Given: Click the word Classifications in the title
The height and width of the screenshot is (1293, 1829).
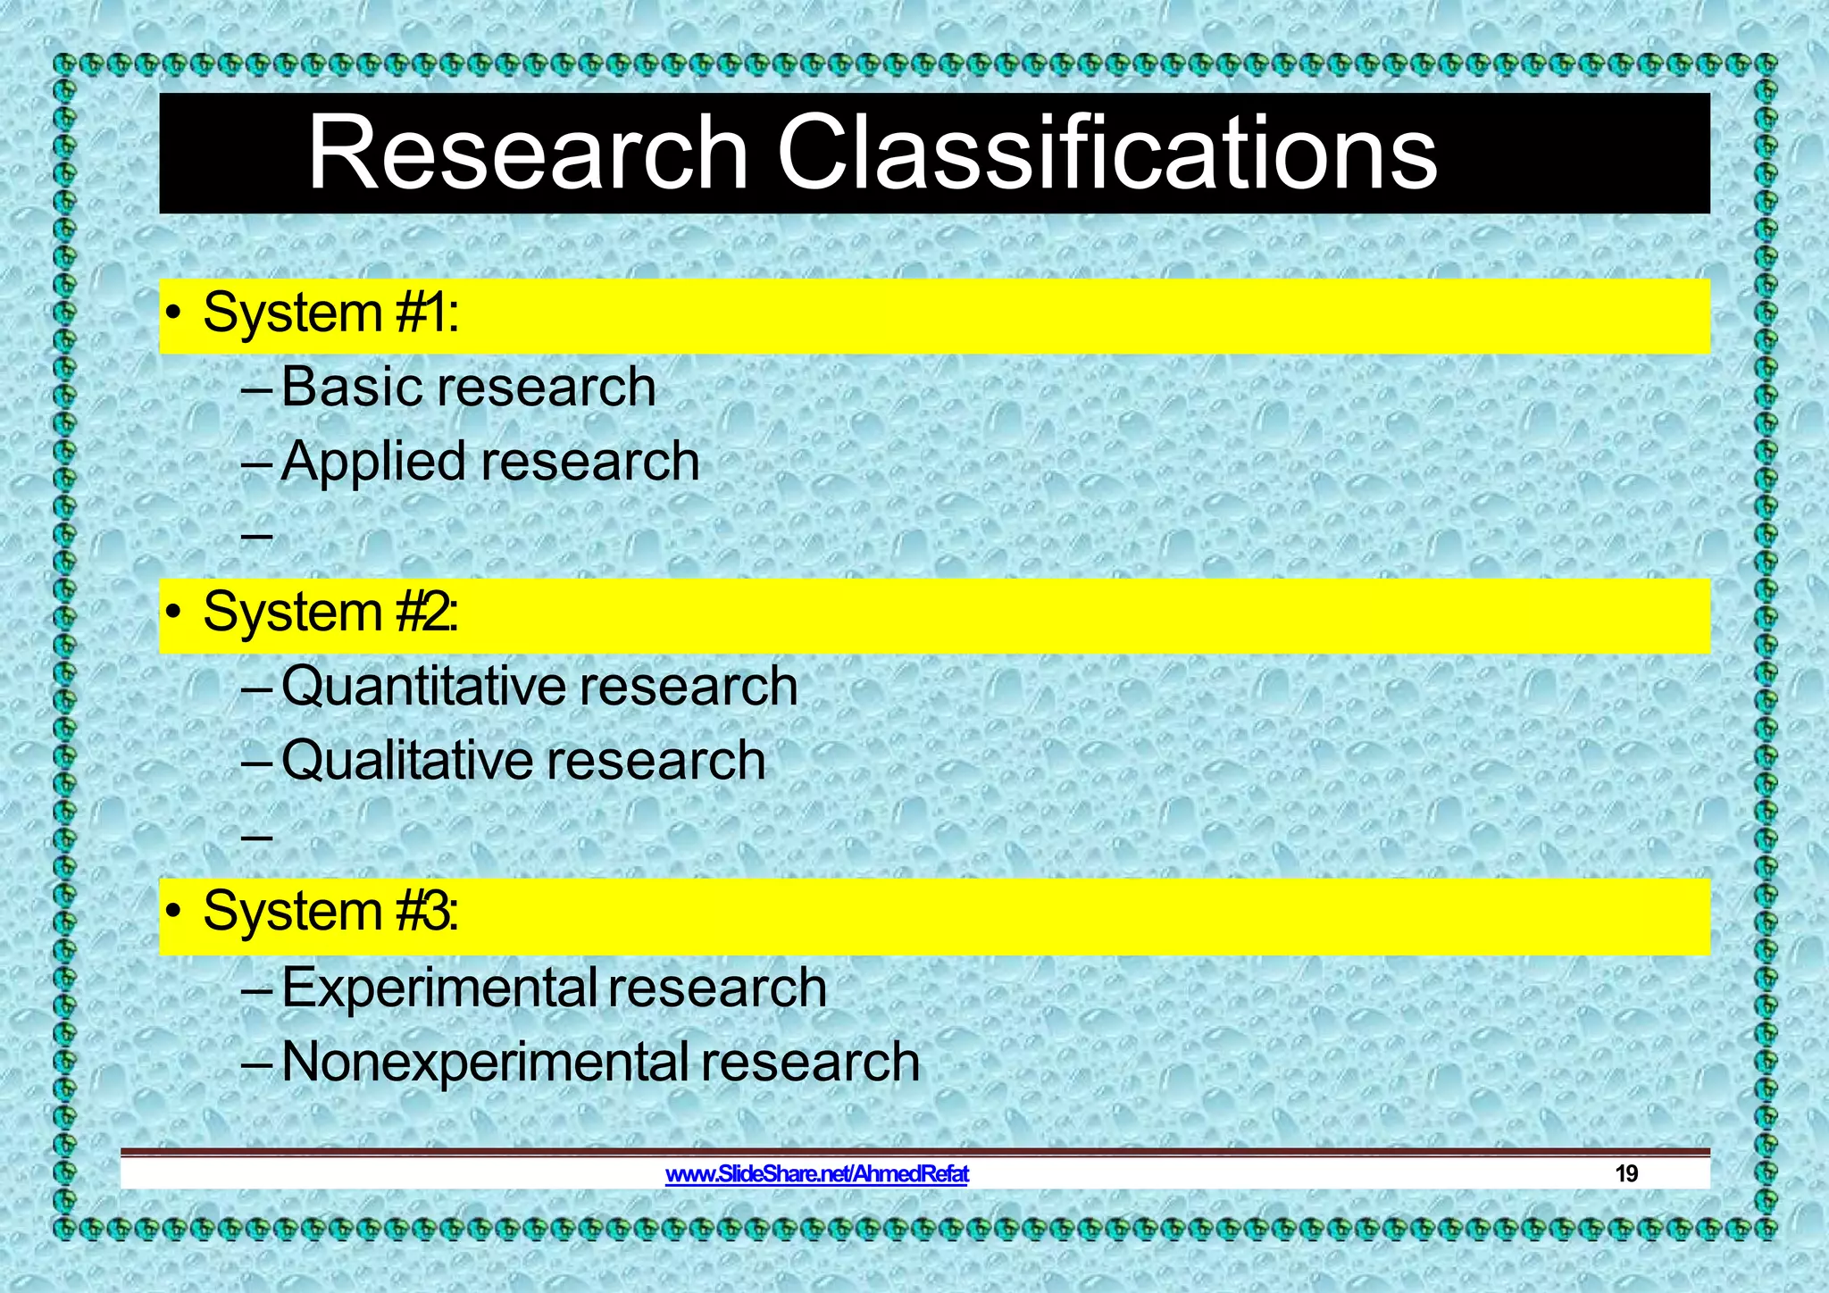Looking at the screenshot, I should tap(1107, 154).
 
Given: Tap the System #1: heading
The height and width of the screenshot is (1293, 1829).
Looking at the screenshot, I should tap(330, 314).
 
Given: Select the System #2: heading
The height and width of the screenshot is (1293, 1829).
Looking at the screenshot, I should tap(330, 613).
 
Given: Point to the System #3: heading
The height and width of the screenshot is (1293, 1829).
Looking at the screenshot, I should tap(330, 913).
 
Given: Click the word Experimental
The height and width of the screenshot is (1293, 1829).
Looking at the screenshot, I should tap(439, 989).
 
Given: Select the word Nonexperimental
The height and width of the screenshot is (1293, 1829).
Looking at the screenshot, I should tap(484, 1063).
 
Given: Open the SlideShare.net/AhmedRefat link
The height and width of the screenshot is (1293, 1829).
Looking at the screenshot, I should tap(817, 1174).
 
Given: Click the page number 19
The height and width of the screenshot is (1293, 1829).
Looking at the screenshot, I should tap(1626, 1174).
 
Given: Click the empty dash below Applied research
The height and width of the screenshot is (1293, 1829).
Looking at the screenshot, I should tap(256, 537).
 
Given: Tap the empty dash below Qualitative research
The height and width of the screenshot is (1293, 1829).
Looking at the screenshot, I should tap(256, 837).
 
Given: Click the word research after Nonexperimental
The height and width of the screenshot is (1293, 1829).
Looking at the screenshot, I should tap(810, 1063).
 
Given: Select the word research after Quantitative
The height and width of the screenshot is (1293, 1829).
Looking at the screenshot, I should tap(689, 687).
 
